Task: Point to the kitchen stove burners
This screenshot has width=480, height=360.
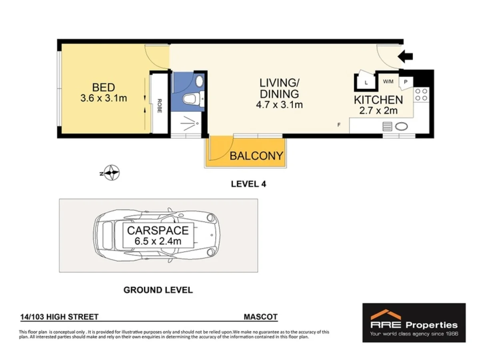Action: coord(421,94)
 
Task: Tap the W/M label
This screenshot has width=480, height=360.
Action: coord(388,82)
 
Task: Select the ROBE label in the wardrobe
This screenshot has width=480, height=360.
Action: coord(159,106)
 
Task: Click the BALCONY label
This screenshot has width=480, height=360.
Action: coord(256,156)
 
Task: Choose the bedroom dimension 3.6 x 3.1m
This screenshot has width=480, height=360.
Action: coord(104,97)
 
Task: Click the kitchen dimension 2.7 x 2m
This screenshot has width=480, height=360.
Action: coord(378,111)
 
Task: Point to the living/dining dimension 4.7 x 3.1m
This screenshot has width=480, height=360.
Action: coord(279,105)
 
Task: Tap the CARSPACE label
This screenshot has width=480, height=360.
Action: coord(158,231)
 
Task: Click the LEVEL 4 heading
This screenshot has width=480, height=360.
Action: coord(248,184)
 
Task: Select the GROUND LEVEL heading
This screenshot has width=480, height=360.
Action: coord(158,290)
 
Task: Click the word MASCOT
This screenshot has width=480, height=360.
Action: coord(260,317)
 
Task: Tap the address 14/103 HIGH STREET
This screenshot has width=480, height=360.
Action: coord(59,317)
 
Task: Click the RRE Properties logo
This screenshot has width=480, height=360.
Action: coord(414,322)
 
